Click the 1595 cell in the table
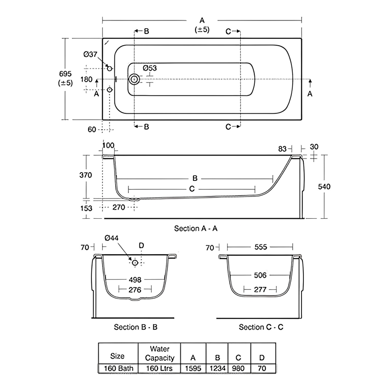coord(193,368)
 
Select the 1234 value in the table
coord(217,368)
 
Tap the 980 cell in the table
coord(238,368)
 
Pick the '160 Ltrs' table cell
coord(159,368)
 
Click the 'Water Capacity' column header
coord(159,354)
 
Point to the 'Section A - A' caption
coord(196,228)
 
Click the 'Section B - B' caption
coord(136,327)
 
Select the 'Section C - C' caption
coord(261,327)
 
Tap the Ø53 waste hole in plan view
coord(134,79)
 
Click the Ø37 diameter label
coord(90,54)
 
